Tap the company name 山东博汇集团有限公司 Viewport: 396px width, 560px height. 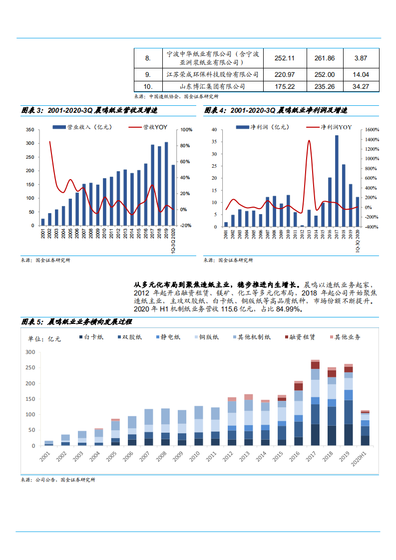213,86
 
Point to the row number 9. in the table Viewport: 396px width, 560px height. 148,74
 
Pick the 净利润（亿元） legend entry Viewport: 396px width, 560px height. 263,127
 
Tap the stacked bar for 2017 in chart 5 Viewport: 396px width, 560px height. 315,402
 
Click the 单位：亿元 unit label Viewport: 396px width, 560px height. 44,339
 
